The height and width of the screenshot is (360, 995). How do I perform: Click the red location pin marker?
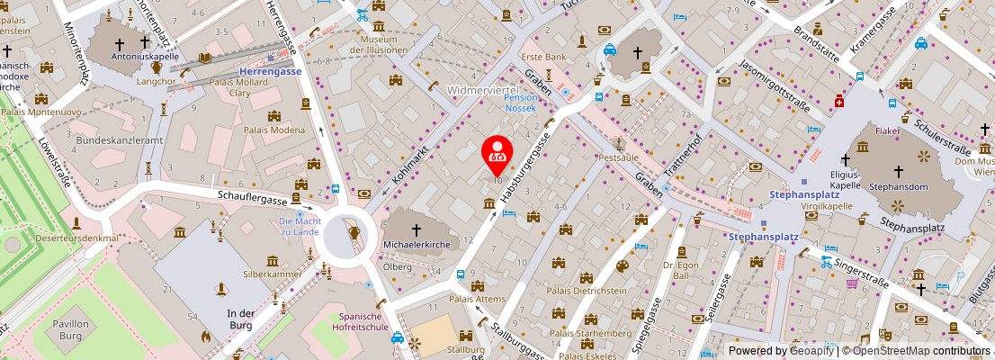[496, 154]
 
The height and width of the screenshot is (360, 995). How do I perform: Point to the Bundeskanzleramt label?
[119, 141]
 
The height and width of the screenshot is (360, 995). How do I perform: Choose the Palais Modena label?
[274, 130]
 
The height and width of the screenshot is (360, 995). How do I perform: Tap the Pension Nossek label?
[520, 102]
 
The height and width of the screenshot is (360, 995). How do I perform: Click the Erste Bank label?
[544, 57]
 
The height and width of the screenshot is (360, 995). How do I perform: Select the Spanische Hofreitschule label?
[363, 321]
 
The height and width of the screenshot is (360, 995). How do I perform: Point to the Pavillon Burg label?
[70, 328]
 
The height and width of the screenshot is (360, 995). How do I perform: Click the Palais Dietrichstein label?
[587, 291]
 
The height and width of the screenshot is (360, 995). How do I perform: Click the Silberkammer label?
[273, 273]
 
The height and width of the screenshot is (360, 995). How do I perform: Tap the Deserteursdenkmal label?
[77, 238]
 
